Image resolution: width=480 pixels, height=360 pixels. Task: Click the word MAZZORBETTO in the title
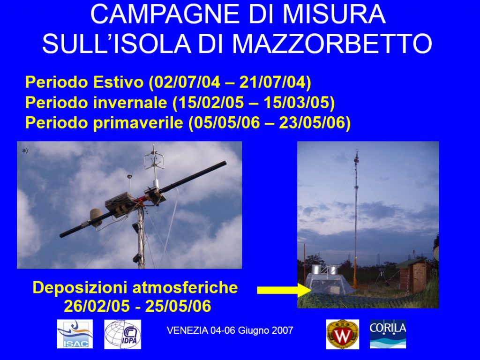pyautogui.click(x=332, y=44)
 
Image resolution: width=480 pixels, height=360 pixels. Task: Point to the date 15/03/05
pyautogui.click(x=297, y=102)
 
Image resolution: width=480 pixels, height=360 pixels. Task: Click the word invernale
pyautogui.click(x=130, y=102)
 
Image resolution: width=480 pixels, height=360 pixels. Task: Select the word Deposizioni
pyautogui.click(x=81, y=288)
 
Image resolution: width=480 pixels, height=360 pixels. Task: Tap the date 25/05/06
pyautogui.click(x=178, y=306)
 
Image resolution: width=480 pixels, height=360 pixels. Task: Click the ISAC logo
pyautogui.click(x=75, y=334)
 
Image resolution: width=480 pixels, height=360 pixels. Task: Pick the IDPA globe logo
pyautogui.click(x=122, y=334)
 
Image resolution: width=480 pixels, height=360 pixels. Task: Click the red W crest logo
pyautogui.click(x=343, y=334)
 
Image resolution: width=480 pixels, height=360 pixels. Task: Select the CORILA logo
pyautogui.click(x=388, y=334)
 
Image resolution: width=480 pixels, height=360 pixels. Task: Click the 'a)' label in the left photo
pyautogui.click(x=25, y=150)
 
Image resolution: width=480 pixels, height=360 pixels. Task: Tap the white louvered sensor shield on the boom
pyautogui.click(x=97, y=217)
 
